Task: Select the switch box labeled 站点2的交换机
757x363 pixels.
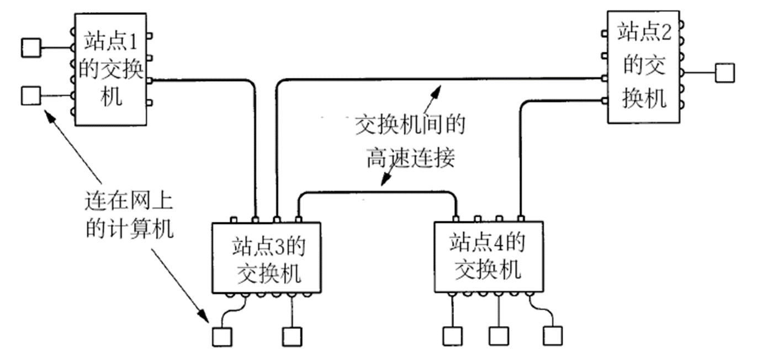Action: [x=643, y=66]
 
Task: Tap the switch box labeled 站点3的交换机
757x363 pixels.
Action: [x=267, y=257]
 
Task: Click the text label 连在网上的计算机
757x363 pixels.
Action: [x=130, y=215]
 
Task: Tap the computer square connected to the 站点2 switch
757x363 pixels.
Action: [x=724, y=72]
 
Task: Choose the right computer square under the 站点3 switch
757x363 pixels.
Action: [x=292, y=336]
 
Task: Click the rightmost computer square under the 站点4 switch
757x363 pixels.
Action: [x=552, y=335]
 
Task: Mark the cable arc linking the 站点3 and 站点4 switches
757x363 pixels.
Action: [x=378, y=193]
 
